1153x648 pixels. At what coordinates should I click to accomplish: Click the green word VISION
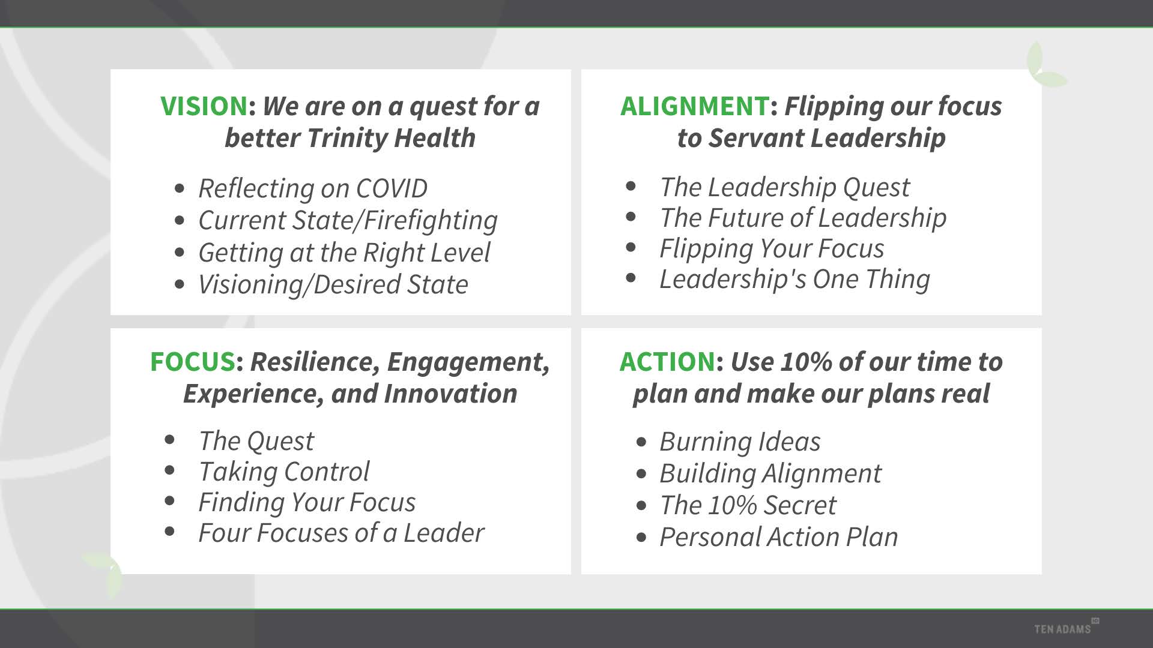[204, 106]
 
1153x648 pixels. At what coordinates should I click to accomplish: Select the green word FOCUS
[193, 362]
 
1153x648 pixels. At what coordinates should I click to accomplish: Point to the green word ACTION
[668, 362]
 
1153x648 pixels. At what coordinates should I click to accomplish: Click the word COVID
[392, 188]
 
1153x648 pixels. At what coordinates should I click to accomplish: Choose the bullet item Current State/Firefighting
[348, 221]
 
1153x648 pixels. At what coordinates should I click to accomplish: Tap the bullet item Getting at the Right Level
[345, 253]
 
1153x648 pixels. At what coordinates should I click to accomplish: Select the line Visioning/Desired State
[333, 284]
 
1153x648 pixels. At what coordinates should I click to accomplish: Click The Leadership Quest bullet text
[785, 187]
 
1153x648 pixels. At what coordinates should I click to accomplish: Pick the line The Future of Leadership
[803, 218]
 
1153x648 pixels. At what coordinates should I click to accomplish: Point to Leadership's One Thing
[795, 279]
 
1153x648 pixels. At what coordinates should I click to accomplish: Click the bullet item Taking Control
[284, 472]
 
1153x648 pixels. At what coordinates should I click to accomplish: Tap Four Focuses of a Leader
[342, 533]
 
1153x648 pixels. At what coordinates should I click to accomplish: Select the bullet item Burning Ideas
[740, 442]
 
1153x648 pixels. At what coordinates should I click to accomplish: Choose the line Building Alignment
[771, 473]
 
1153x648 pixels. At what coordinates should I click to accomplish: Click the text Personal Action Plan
[779, 537]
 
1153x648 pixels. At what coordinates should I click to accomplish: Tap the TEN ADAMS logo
[1066, 627]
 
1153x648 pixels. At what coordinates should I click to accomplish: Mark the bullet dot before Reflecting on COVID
[180, 189]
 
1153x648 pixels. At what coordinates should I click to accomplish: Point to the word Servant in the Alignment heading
[756, 138]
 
